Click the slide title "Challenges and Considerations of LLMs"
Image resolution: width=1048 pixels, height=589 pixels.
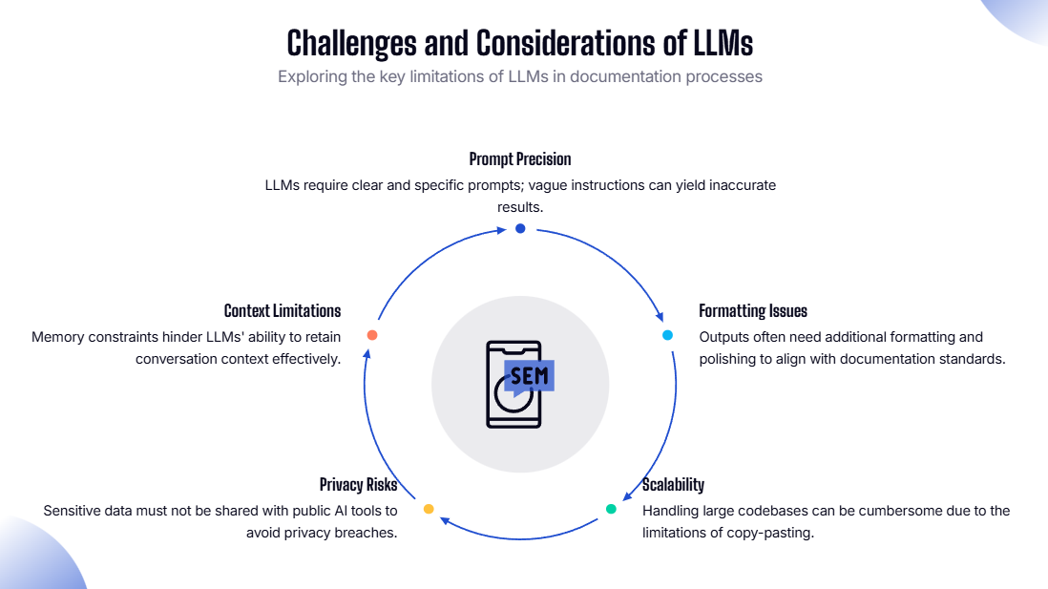520,43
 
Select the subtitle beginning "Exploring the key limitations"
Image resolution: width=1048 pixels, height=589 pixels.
520,76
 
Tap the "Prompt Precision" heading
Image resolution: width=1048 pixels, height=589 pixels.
520,158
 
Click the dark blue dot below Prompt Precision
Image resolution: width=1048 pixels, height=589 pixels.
520,228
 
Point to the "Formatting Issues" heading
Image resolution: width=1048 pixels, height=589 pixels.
753,311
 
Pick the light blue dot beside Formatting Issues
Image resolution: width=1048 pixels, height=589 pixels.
668,335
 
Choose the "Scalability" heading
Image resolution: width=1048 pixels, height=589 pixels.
673,485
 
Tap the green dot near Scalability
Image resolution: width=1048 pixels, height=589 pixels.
611,509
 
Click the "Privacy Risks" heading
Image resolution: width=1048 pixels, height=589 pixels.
358,485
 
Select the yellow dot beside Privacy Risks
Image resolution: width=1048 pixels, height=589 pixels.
429,509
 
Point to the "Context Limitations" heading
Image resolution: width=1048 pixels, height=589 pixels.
283,311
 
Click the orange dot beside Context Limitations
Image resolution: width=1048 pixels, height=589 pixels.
372,335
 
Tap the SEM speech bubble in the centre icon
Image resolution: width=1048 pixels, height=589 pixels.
529,376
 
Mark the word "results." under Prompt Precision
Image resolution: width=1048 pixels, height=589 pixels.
520,206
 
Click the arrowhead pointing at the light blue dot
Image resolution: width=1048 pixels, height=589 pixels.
660,318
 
